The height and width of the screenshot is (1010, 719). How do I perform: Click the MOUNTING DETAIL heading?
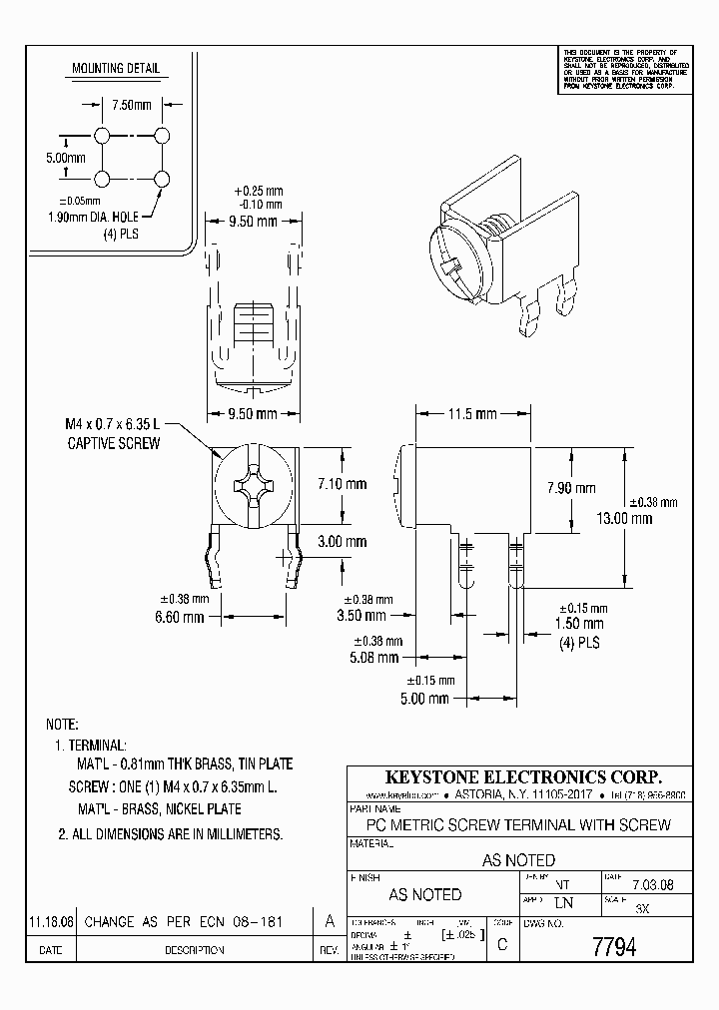(x=115, y=69)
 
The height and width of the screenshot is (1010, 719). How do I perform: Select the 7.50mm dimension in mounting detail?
(x=131, y=105)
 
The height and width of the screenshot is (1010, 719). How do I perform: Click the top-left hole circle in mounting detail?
(x=102, y=135)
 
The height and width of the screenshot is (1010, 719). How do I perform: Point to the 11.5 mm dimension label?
(x=472, y=413)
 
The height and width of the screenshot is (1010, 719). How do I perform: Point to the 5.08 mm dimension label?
(x=374, y=658)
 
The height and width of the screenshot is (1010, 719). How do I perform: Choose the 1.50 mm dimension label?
(x=579, y=624)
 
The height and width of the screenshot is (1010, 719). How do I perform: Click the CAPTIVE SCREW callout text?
(x=113, y=442)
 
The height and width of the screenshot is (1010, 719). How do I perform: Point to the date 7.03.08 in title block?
(x=643, y=883)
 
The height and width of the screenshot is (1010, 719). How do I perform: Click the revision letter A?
(x=330, y=921)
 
